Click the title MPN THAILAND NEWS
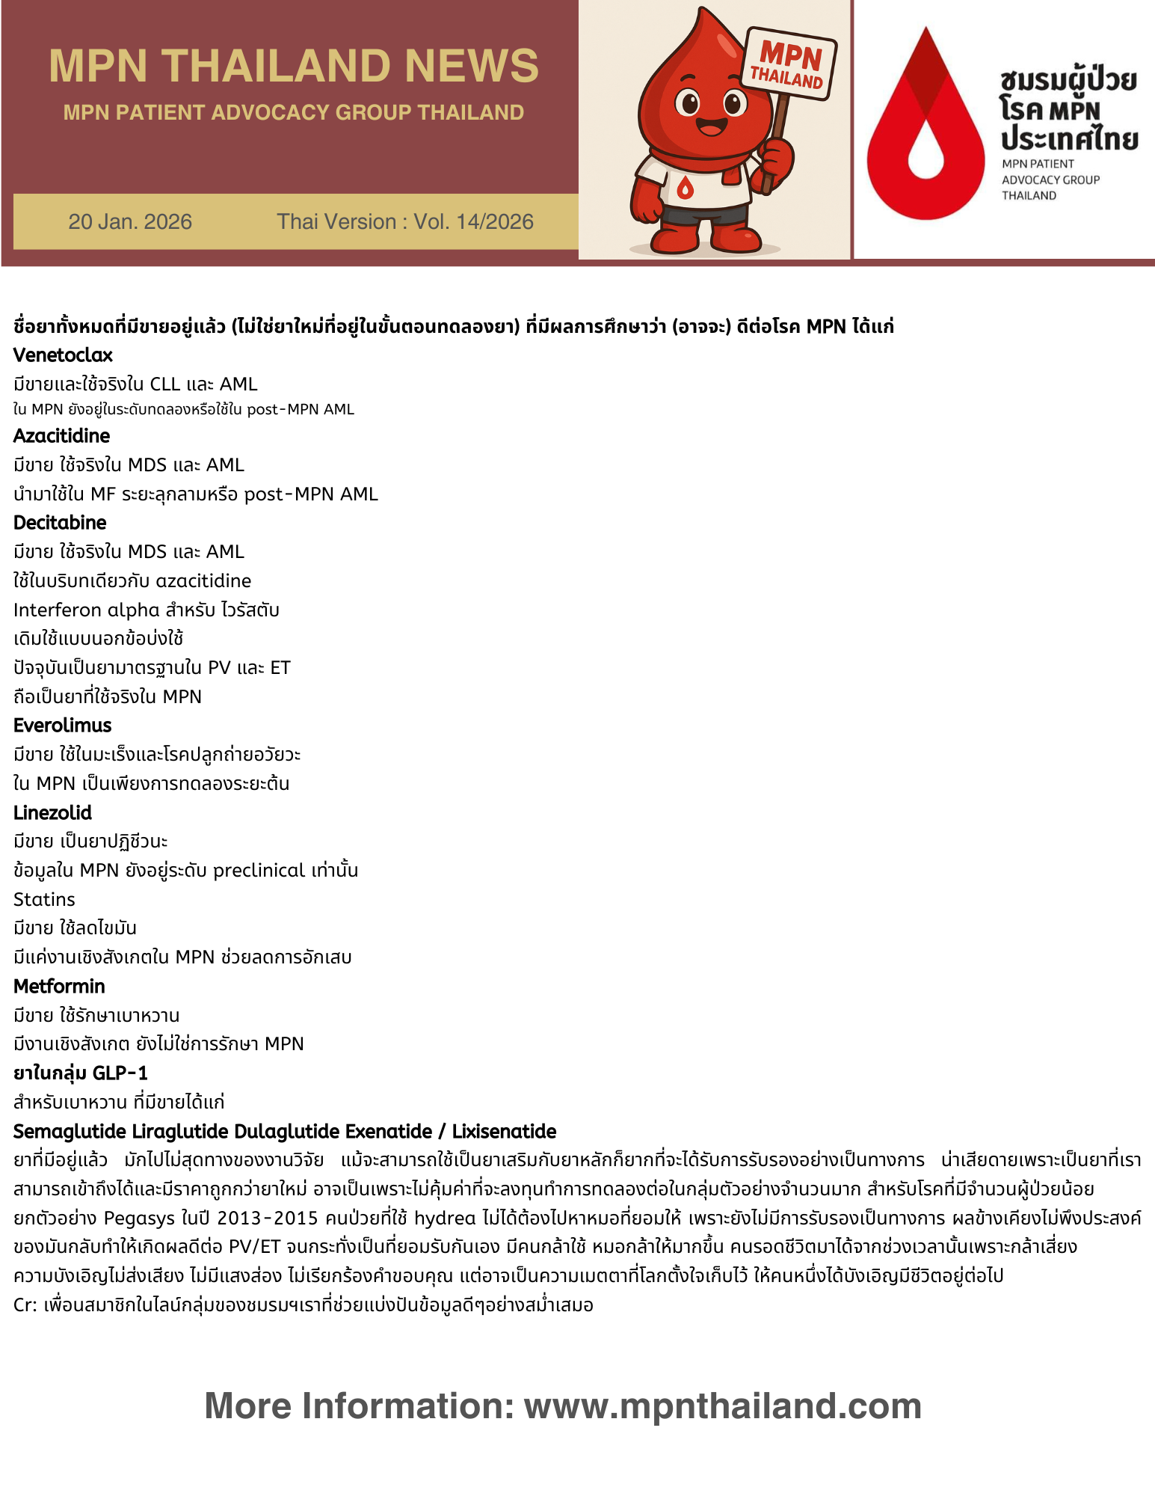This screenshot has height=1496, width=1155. click(293, 66)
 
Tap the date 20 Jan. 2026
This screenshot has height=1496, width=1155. click(130, 221)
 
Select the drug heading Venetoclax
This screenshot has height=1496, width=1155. click(63, 355)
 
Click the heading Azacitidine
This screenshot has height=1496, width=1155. click(61, 436)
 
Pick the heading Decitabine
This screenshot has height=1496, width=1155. click(60, 523)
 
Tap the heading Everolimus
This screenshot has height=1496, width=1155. click(62, 726)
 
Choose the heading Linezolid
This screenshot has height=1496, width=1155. click(52, 812)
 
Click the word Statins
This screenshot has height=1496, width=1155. click(44, 899)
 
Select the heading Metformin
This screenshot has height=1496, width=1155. click(59, 986)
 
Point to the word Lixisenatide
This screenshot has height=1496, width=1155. click(504, 1131)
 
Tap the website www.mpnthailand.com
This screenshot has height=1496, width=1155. click(722, 1406)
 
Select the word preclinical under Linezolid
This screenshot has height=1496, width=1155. click(259, 871)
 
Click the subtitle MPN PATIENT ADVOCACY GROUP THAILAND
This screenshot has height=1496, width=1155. click(293, 112)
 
